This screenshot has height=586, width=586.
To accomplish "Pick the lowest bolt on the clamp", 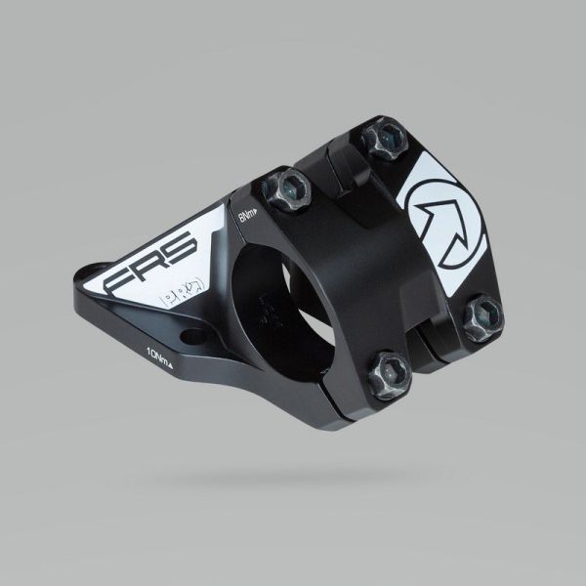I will [394, 370].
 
